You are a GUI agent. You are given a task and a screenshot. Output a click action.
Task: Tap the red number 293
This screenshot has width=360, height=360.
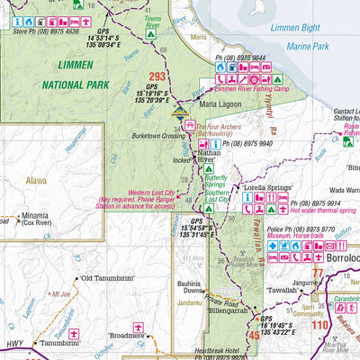tap(157, 76)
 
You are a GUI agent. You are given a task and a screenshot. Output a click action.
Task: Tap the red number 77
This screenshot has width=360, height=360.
tap(315, 274)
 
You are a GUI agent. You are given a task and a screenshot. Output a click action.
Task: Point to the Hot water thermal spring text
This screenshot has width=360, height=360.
tap(310, 209)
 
